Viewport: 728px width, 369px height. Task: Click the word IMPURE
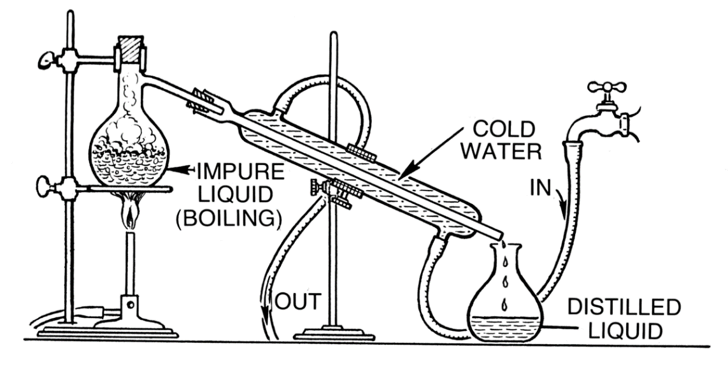pos(241,172)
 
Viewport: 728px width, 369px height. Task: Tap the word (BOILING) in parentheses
pos(229,218)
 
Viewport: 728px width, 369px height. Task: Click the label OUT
pos(299,301)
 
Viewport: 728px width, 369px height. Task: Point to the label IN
pos(540,188)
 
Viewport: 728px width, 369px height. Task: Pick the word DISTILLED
pos(624,307)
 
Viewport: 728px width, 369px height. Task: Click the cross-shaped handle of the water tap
pos(607,87)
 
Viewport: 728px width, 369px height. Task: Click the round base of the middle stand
pos(333,334)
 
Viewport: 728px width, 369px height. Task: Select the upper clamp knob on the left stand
pos(47,59)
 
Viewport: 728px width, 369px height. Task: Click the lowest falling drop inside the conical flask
pos(504,305)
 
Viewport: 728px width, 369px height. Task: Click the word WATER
pos(501,151)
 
